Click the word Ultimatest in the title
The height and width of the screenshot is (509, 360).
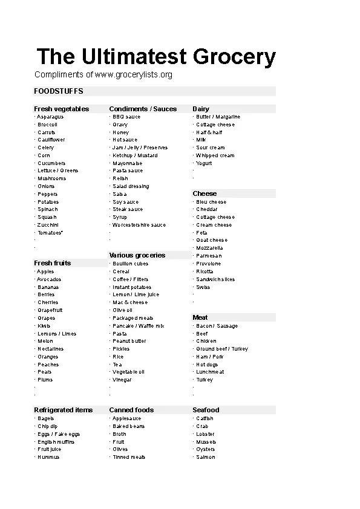132,57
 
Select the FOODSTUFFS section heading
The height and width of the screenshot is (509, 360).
59,91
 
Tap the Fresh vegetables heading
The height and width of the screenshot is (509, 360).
61,109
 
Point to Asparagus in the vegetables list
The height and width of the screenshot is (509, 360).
48,117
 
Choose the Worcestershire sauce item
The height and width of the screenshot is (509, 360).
139,225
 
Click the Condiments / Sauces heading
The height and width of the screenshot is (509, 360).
143,109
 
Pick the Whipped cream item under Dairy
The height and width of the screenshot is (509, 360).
215,155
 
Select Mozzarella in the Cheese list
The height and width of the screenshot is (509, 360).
209,248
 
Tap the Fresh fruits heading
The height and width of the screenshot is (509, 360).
52,263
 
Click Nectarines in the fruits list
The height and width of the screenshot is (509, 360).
50,349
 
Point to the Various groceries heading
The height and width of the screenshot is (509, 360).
137,255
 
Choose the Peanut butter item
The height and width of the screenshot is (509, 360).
129,341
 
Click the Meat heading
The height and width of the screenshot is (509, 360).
200,317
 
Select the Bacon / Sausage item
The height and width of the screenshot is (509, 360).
217,326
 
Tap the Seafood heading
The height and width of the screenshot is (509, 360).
206,410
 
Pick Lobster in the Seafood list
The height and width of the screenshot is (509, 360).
205,434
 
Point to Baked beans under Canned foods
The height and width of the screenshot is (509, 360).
128,426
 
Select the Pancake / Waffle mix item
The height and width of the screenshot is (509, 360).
138,326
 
